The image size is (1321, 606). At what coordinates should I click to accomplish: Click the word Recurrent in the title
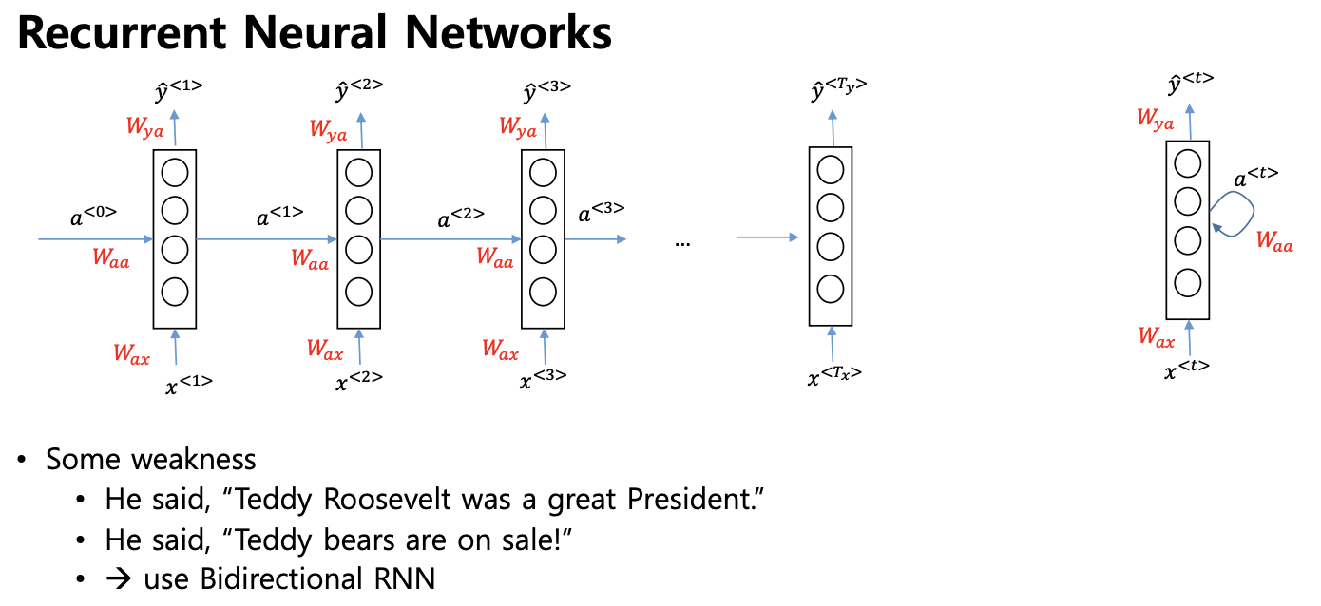(122, 33)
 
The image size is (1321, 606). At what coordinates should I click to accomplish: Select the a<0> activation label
(93, 216)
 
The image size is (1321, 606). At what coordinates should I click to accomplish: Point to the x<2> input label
(359, 381)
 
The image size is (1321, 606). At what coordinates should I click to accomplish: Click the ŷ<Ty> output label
(838, 89)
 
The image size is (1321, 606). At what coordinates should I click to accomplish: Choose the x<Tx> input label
(834, 375)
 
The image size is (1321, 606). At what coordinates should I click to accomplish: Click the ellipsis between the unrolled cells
(682, 243)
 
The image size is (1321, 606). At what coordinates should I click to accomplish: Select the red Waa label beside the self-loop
(1274, 241)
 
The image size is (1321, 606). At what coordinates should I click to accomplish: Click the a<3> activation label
(601, 212)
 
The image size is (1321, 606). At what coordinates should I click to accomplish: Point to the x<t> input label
(1187, 369)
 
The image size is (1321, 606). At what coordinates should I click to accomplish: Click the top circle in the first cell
(175, 173)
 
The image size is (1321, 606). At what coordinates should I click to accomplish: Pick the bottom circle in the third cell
(543, 292)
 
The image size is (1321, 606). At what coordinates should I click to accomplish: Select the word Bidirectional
(280, 578)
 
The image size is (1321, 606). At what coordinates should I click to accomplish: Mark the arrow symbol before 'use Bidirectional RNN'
(118, 578)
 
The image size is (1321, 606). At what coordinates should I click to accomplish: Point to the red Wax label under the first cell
(131, 353)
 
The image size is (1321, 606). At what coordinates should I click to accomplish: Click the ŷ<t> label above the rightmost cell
(1191, 83)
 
